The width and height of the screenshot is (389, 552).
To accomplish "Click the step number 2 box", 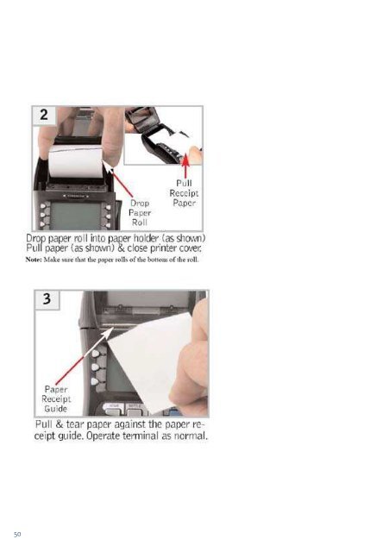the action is point(44,116).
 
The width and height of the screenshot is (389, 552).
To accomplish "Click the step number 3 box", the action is point(47,300).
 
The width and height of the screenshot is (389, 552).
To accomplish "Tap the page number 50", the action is point(17,534).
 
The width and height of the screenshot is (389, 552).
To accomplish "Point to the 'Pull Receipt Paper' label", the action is point(184,193).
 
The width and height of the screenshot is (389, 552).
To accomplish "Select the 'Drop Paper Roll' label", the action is point(140,213).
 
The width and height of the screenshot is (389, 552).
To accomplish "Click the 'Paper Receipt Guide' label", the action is point(56,398).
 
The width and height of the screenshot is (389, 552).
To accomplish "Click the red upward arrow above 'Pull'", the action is point(185,166).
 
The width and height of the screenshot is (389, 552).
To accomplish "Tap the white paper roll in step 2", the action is point(76,161).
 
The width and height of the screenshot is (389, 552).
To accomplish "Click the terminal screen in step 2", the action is point(76,216).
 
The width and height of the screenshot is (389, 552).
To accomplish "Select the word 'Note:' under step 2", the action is point(34,260).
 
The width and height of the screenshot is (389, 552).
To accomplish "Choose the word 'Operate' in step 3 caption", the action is point(103,436).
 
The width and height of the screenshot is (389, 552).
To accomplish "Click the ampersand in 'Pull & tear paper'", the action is point(59,424).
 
